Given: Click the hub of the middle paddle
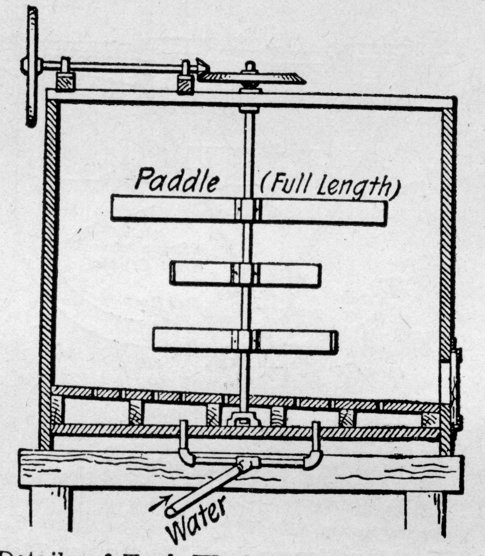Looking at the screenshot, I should pyautogui.click(x=245, y=274).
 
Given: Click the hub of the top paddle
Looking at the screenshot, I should pyautogui.click(x=248, y=210).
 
